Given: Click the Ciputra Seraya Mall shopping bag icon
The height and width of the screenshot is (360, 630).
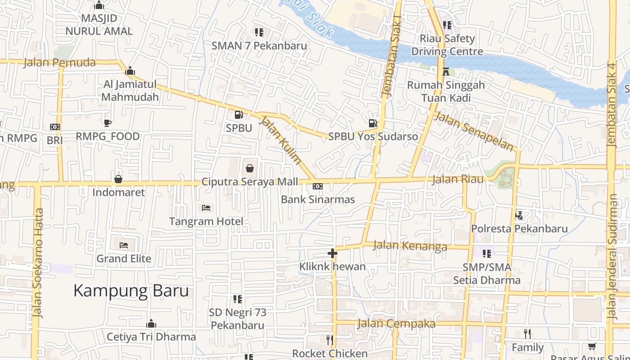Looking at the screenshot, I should click(250, 169).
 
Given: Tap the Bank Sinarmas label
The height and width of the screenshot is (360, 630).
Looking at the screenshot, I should click(318, 199).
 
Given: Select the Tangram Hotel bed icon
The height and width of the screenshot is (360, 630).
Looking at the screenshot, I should click(206, 208).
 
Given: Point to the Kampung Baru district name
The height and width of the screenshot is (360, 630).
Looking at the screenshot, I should click(131, 291).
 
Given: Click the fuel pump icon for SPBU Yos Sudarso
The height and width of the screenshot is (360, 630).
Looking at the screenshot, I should click(373, 123).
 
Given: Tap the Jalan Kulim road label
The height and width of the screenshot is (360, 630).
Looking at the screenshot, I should click(281, 139).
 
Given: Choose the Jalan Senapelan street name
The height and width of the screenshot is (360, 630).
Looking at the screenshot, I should click(474, 131).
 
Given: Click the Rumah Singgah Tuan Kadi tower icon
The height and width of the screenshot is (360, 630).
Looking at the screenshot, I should click(446, 71).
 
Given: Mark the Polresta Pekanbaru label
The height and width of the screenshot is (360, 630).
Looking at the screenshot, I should click(519, 229).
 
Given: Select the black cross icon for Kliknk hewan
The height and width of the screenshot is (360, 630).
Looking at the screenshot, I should click(333, 253).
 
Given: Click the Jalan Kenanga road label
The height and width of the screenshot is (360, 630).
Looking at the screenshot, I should click(410, 246).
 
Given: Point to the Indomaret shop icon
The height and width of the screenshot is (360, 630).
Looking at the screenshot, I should click(118, 179).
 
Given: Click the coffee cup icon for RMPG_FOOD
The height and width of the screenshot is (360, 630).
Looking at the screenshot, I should click(107, 123).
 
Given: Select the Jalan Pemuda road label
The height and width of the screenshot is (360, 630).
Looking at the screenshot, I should click(59, 63).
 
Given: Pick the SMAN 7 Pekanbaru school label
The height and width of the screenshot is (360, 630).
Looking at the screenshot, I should click(259, 45).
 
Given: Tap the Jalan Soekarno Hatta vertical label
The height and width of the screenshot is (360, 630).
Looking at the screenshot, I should click(38, 263).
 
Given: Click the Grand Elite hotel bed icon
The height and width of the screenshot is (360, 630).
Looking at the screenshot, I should click(124, 245).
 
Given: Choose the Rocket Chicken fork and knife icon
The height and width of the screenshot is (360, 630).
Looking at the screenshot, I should click(330, 340).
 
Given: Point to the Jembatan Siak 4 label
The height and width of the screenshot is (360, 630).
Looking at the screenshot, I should click(611, 104).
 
